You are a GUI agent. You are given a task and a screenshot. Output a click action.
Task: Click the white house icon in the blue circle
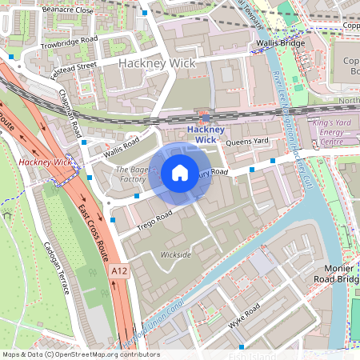click(x=180, y=173)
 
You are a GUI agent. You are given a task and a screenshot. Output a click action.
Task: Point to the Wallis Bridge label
click(x=278, y=43)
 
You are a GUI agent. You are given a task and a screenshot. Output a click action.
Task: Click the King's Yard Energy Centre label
click(x=332, y=131)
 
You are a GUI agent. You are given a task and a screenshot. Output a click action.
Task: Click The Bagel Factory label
click(x=131, y=175)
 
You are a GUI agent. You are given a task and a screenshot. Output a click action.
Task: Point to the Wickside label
click(x=175, y=254)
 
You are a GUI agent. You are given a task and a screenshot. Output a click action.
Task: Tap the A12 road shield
click(x=118, y=271)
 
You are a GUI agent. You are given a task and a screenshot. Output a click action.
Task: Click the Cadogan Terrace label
click(x=58, y=269)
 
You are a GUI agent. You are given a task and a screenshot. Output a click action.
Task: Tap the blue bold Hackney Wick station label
click(x=194, y=134)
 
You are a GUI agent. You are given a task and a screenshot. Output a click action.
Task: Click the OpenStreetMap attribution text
click(x=80, y=354)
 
